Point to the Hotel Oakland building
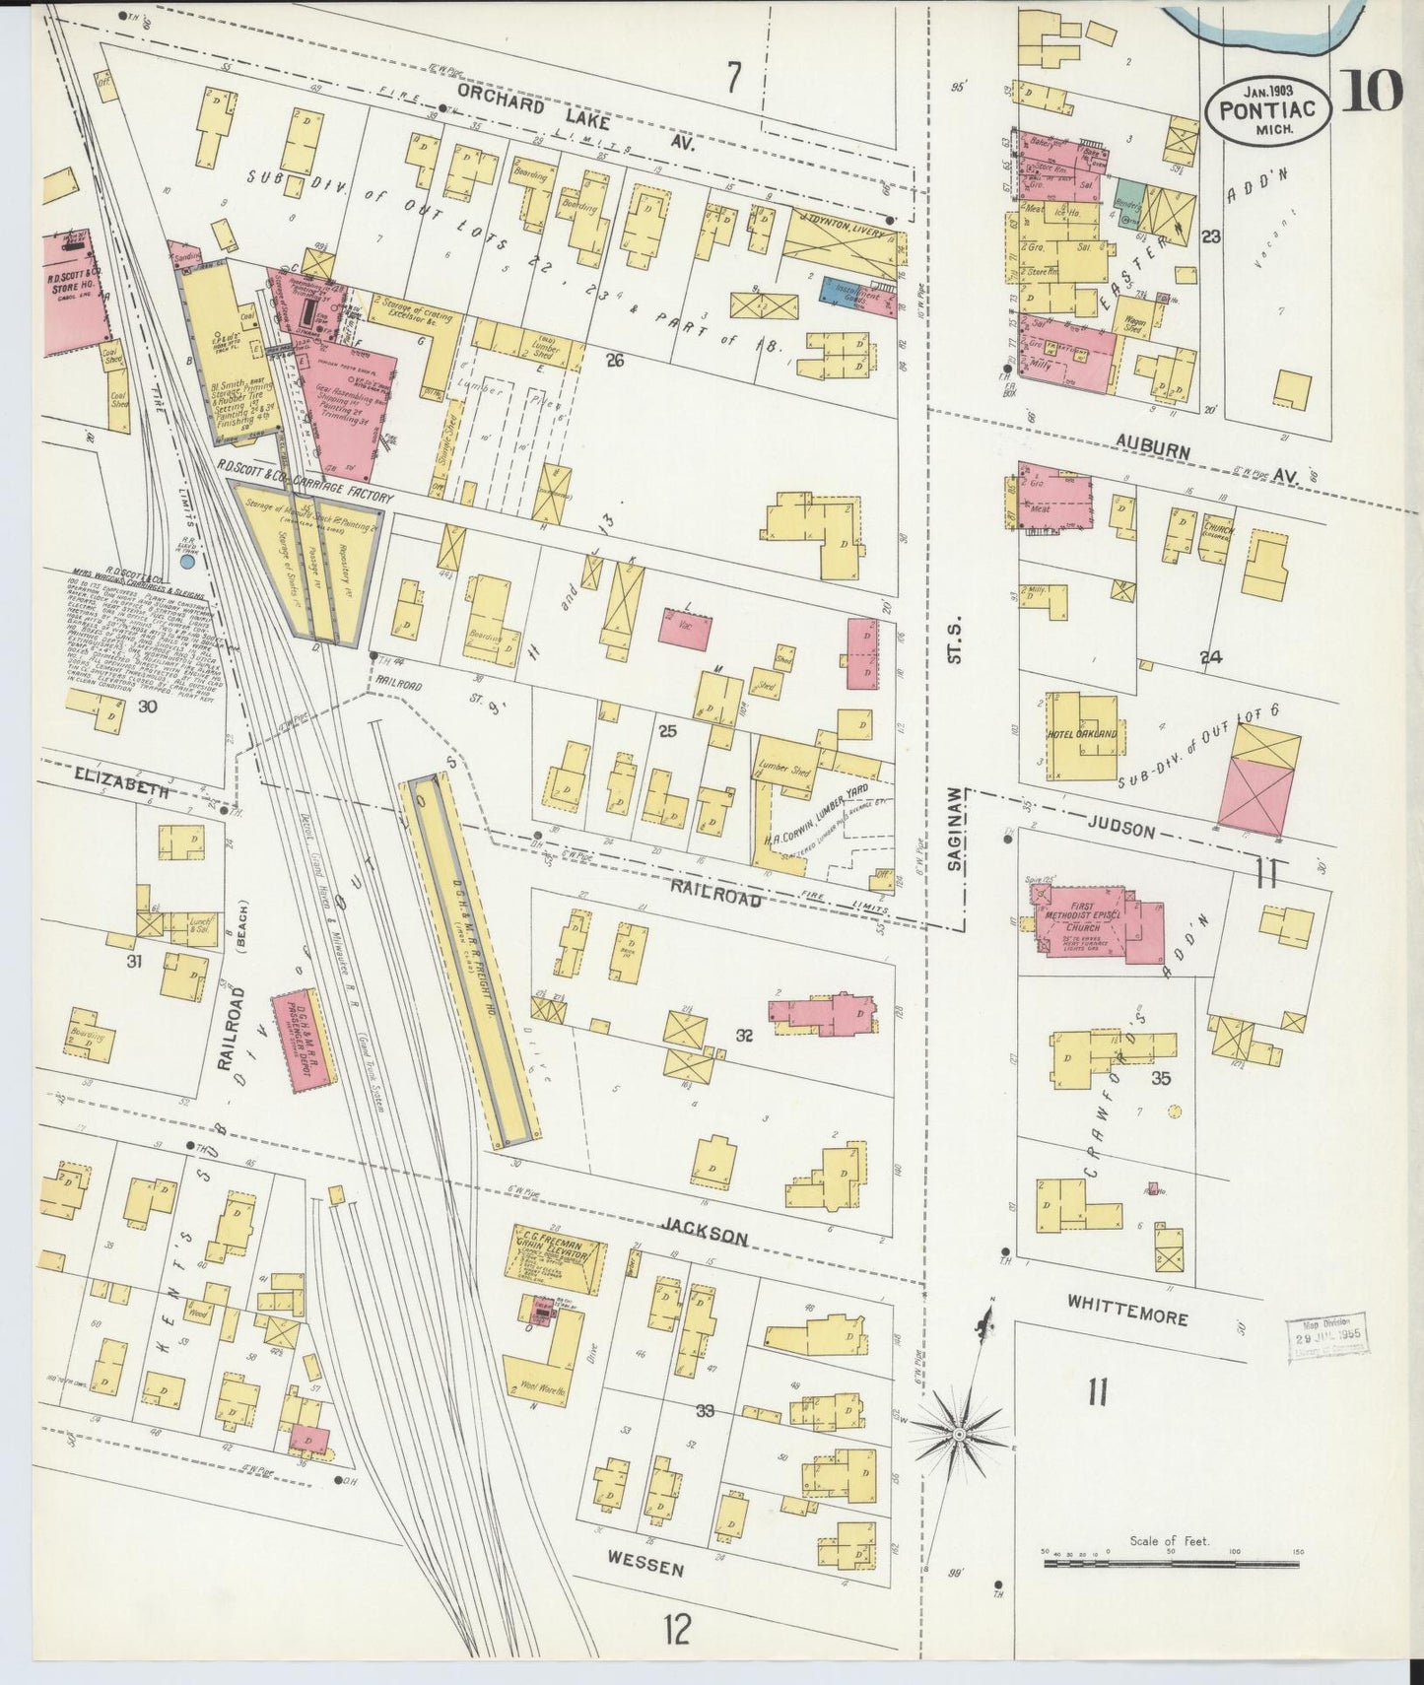pyautogui.click(x=1083, y=735)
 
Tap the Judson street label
pyautogui.click(x=1122, y=830)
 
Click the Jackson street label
pyautogui.click(x=705, y=1238)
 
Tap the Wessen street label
pyautogui.click(x=645, y=1563)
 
